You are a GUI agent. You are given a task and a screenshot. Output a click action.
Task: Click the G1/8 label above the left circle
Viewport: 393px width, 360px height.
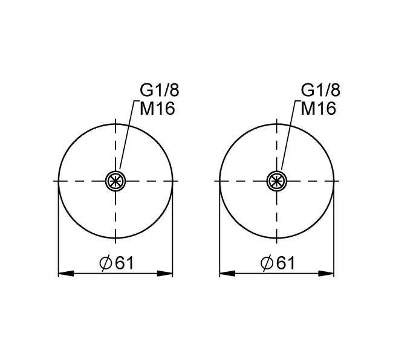tap(160, 90)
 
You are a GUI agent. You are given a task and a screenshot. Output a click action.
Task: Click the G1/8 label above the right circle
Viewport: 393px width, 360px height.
tap(320, 90)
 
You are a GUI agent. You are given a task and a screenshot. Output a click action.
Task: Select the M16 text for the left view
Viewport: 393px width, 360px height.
tap(157, 109)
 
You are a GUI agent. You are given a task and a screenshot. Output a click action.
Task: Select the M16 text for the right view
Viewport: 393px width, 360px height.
tap(318, 109)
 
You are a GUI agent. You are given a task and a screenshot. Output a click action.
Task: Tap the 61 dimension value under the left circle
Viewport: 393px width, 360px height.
tap(125, 263)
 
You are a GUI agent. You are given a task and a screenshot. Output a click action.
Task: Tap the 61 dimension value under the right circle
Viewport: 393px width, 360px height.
tap(285, 263)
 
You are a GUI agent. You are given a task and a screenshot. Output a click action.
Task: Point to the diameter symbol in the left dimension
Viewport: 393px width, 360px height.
tap(106, 263)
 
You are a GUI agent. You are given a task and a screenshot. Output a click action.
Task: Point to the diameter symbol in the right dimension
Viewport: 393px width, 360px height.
tap(267, 263)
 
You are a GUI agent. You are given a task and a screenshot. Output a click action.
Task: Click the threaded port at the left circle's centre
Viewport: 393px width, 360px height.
tap(115, 181)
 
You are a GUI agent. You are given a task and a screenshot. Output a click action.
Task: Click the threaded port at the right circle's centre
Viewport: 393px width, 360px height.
tap(277, 181)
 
